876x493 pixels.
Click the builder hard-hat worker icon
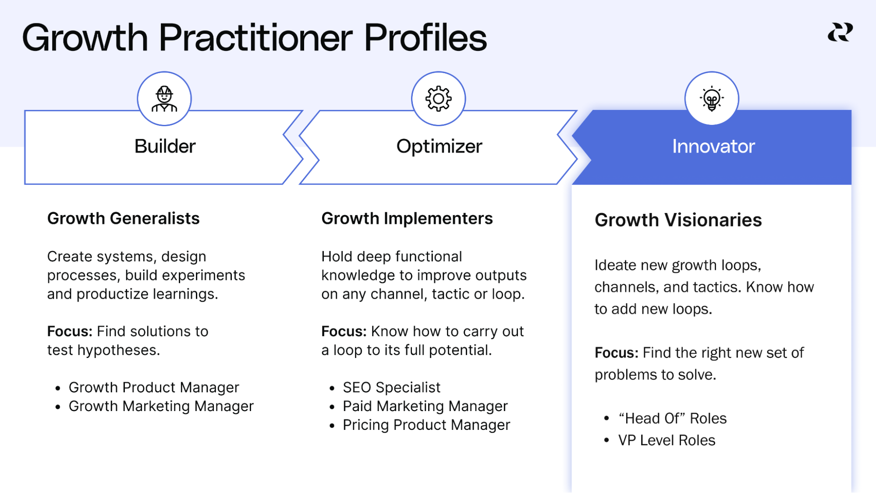pyautogui.click(x=164, y=99)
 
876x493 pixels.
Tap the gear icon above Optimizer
pyautogui.click(x=438, y=99)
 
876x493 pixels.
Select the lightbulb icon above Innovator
pyautogui.click(x=712, y=99)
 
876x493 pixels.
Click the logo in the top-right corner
pyautogui.click(x=840, y=33)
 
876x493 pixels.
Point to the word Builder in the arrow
pyautogui.click(x=165, y=146)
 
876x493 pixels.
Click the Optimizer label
pyautogui.click(x=439, y=146)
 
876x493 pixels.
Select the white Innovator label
pyautogui.click(x=713, y=146)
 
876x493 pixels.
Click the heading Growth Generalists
pyautogui.click(x=123, y=218)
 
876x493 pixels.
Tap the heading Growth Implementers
pyautogui.click(x=407, y=218)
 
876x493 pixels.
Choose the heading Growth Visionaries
pyautogui.click(x=678, y=220)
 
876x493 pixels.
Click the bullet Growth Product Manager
pyautogui.click(x=153, y=387)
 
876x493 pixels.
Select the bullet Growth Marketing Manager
pyautogui.click(x=161, y=406)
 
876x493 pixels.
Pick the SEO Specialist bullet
pyautogui.click(x=391, y=387)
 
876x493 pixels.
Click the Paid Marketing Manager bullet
pyautogui.click(x=425, y=406)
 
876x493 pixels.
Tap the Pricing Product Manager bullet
pyautogui.click(x=426, y=425)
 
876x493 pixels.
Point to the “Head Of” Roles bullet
pyautogui.click(x=672, y=419)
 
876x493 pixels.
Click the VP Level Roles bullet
pyautogui.click(x=666, y=440)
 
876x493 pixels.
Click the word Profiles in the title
pyautogui.click(x=425, y=38)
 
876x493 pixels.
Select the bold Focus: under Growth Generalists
pyautogui.click(x=70, y=331)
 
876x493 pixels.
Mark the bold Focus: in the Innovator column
pyautogui.click(x=616, y=353)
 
